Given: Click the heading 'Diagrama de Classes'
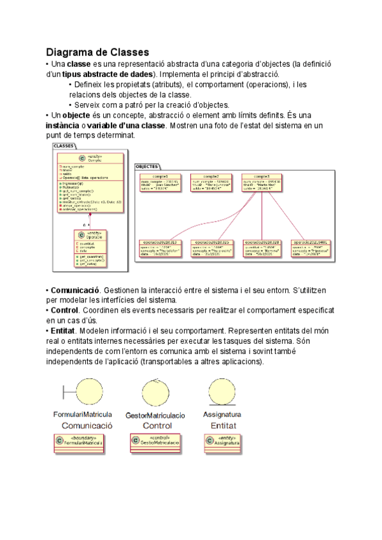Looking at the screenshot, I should pyautogui.click(x=97, y=52).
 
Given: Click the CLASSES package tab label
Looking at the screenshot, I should pyautogui.click(x=64, y=146).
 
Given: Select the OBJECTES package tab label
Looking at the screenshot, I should pyautogui.click(x=148, y=166).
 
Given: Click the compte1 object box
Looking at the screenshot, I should pyautogui.click(x=159, y=183).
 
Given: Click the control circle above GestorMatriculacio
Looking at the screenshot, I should pyautogui.click(x=157, y=391).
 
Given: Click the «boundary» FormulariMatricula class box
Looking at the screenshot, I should pyautogui.click(x=78, y=441).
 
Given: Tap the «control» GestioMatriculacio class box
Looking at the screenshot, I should pyautogui.click(x=155, y=441).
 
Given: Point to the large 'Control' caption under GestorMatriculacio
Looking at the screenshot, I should pyautogui.click(x=157, y=425).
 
